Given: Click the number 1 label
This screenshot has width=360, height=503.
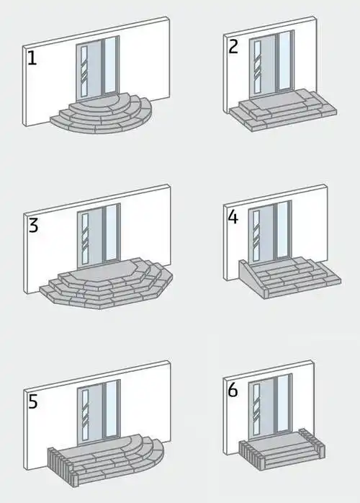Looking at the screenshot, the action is [32, 58].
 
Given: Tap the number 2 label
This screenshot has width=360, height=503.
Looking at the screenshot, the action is [233, 47].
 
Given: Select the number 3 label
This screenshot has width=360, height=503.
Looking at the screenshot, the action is [33, 225].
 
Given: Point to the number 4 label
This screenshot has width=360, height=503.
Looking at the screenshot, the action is [233, 217].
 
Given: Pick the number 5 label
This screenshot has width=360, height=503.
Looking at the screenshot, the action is [33, 401].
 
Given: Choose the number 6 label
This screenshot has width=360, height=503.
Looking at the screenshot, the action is [233, 391].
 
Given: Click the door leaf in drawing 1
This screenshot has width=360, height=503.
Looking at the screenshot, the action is [90, 70].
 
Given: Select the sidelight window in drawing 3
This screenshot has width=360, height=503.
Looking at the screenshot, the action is [111, 233].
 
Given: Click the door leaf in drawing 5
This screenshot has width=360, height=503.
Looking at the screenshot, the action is [91, 411].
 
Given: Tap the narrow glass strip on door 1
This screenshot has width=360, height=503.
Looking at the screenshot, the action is [84, 71].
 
